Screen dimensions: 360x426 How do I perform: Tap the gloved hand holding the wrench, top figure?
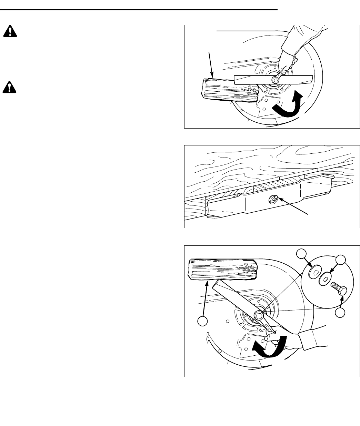point(286,62)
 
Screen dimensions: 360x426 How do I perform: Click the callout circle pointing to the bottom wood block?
point(202,321)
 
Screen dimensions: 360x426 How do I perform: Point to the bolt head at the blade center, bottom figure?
point(259,314)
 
